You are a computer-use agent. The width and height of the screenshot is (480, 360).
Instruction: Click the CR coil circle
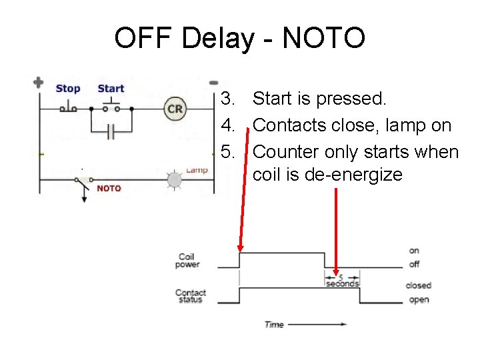[175, 109]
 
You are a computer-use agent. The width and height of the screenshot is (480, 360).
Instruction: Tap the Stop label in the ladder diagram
[67, 89]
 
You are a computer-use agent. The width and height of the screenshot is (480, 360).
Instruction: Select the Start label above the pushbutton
[111, 89]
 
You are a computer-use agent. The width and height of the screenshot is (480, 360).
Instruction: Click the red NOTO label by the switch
[109, 188]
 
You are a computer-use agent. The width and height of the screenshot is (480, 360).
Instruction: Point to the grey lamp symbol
[174, 179]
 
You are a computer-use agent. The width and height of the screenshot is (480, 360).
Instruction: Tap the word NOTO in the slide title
[323, 38]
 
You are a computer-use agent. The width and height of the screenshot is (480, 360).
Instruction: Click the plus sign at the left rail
[38, 83]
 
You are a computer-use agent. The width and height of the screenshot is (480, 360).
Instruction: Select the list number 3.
[229, 99]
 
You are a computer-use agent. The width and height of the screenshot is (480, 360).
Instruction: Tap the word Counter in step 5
[287, 152]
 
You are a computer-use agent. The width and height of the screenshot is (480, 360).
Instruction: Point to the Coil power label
[187, 261]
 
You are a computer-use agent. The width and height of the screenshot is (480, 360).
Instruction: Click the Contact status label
[191, 296]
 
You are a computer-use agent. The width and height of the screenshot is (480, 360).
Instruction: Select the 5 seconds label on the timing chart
[342, 281]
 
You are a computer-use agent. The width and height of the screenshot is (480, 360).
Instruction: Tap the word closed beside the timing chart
[419, 285]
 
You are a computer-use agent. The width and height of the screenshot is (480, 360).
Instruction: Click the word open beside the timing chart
[419, 300]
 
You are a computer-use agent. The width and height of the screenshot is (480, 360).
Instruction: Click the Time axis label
[274, 325]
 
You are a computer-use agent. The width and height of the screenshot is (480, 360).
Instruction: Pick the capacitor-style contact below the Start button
[111, 132]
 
